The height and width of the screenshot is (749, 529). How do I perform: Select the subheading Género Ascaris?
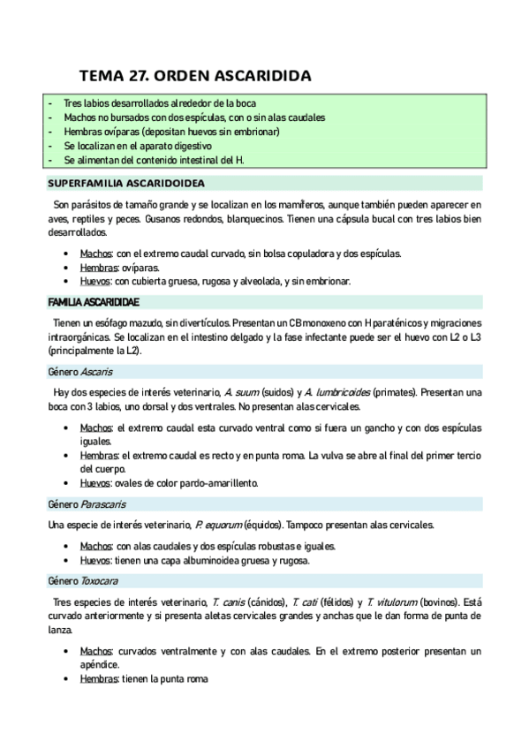point(79,372)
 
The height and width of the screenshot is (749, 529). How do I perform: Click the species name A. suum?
point(240,391)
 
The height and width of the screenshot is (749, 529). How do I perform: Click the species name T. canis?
point(228,601)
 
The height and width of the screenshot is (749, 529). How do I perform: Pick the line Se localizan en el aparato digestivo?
point(138,146)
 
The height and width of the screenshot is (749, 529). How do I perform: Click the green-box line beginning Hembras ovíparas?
point(171,132)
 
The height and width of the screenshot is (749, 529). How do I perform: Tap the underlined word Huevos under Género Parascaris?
point(95,560)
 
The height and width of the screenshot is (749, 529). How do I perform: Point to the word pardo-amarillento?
point(215,483)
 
